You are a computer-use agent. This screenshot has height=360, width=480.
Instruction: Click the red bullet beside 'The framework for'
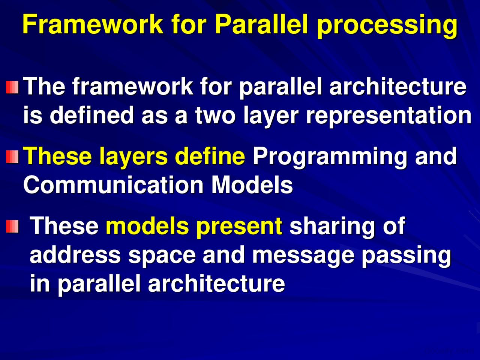(12, 87)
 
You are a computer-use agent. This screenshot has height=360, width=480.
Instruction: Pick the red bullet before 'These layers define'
(12, 157)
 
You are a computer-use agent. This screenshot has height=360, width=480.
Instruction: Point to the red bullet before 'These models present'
(12, 226)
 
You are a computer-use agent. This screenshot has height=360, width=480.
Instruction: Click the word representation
(388, 116)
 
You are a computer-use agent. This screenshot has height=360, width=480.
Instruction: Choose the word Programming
(330, 157)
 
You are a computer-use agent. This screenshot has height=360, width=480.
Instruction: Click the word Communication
(114, 185)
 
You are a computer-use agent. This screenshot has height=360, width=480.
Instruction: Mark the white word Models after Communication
(252, 185)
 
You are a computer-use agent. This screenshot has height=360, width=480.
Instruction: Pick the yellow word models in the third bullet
(147, 226)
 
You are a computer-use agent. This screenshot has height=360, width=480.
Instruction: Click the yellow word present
(239, 227)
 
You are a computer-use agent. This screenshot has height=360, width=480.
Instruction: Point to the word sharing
(332, 227)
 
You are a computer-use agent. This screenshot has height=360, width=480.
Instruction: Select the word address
(75, 254)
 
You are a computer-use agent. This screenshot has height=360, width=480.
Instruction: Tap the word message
(303, 256)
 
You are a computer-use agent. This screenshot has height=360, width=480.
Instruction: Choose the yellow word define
(210, 156)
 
